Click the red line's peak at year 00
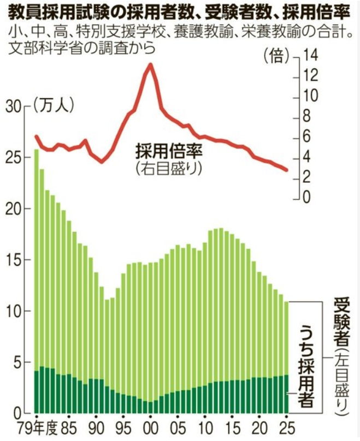click(150, 64)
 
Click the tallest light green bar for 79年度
click(36, 257)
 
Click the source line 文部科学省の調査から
click(82, 47)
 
